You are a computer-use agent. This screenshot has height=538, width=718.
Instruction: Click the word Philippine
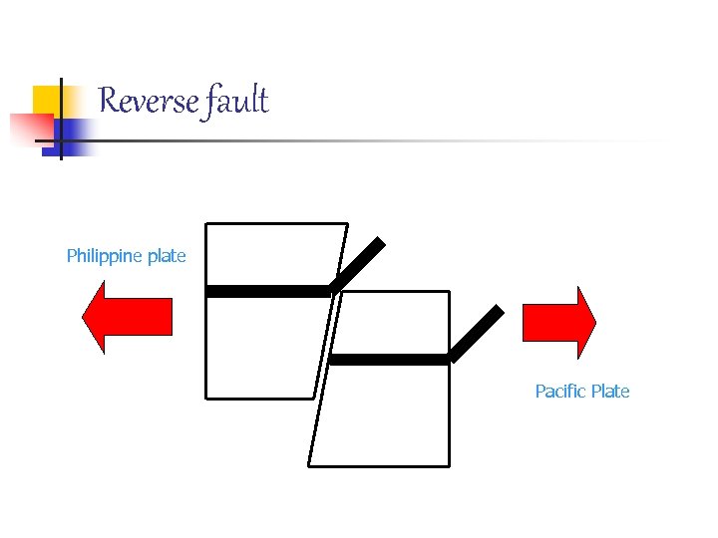click(105, 256)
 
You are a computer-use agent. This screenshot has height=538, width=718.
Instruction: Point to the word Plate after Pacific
click(610, 392)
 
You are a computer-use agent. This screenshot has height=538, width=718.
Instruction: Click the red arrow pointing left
click(127, 318)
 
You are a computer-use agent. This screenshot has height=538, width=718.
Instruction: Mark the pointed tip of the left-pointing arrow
click(82, 318)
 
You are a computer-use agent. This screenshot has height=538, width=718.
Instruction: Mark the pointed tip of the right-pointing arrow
click(596, 322)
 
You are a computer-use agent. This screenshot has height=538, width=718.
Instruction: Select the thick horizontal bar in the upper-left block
click(267, 291)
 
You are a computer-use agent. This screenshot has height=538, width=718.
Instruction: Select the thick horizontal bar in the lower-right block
click(390, 360)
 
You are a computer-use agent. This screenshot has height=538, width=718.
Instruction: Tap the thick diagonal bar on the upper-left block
click(357, 264)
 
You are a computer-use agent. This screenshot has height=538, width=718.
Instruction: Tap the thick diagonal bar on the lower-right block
click(477, 333)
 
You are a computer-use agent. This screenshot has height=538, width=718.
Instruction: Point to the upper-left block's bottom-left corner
click(205, 399)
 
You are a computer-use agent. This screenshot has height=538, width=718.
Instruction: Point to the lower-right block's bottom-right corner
click(450, 465)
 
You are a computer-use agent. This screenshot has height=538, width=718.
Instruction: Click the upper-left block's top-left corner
click(205, 223)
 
